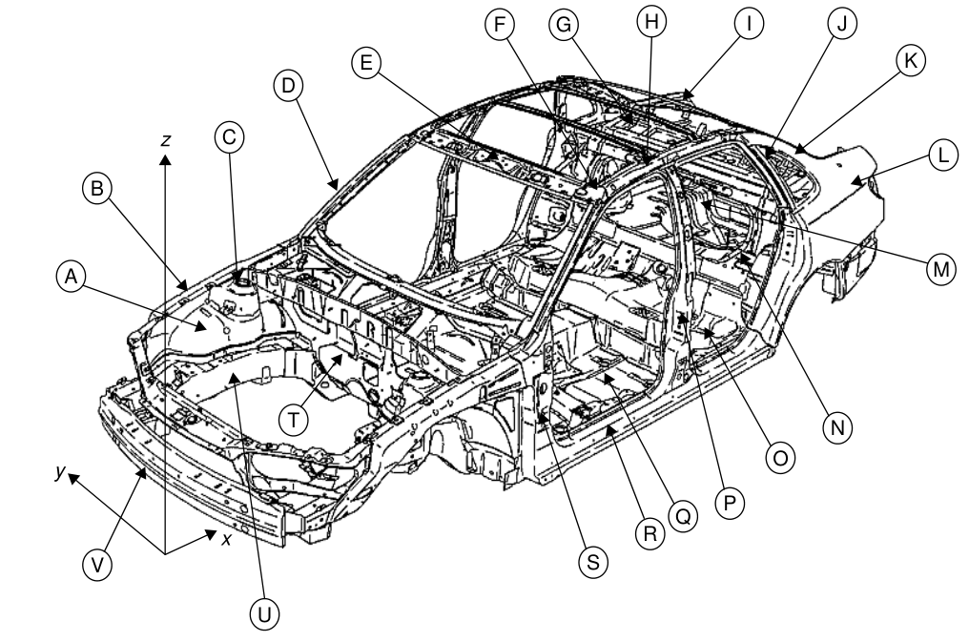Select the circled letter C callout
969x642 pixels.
tap(228, 137)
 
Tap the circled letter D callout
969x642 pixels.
tap(287, 87)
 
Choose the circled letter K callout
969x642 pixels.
tap(909, 59)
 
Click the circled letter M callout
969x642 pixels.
tap(940, 269)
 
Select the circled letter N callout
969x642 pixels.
tap(837, 427)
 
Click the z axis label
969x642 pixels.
tap(166, 140)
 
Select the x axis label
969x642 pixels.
tap(227, 539)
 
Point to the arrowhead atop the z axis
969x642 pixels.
tap(165, 159)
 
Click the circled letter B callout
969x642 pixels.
tap(96, 189)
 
